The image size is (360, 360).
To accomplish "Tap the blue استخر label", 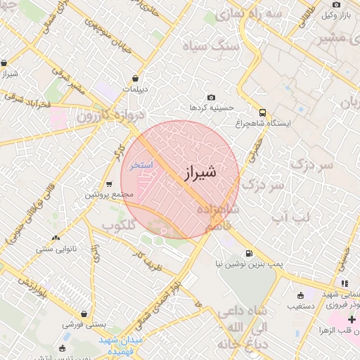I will click(x=141, y=166).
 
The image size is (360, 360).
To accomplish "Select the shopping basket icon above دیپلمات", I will click(x=135, y=78).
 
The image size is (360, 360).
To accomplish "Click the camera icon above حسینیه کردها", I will click(x=211, y=97).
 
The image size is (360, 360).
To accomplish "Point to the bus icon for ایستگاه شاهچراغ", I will click(x=262, y=112).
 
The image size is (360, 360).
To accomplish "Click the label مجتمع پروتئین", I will click(x=108, y=194).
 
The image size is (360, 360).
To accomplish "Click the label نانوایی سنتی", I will click(x=56, y=248).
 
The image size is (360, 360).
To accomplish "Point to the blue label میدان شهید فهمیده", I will click(x=120, y=345).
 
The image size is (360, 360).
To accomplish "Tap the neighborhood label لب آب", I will click(x=290, y=219).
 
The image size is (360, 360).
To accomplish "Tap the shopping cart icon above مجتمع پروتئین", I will click(x=109, y=184).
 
